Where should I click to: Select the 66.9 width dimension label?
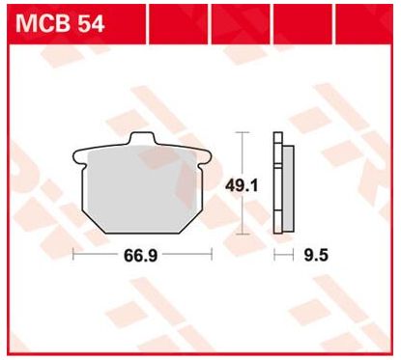click(x=141, y=256)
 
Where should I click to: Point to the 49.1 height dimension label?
click(x=242, y=186)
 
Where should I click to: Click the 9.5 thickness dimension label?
click(x=316, y=256)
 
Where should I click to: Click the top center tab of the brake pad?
click(x=143, y=138)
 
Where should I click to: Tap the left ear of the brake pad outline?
click(x=79, y=158)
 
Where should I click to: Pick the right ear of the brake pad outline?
click(x=205, y=158)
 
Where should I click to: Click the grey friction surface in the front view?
click(x=142, y=189)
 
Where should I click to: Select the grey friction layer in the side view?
click(x=288, y=188)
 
